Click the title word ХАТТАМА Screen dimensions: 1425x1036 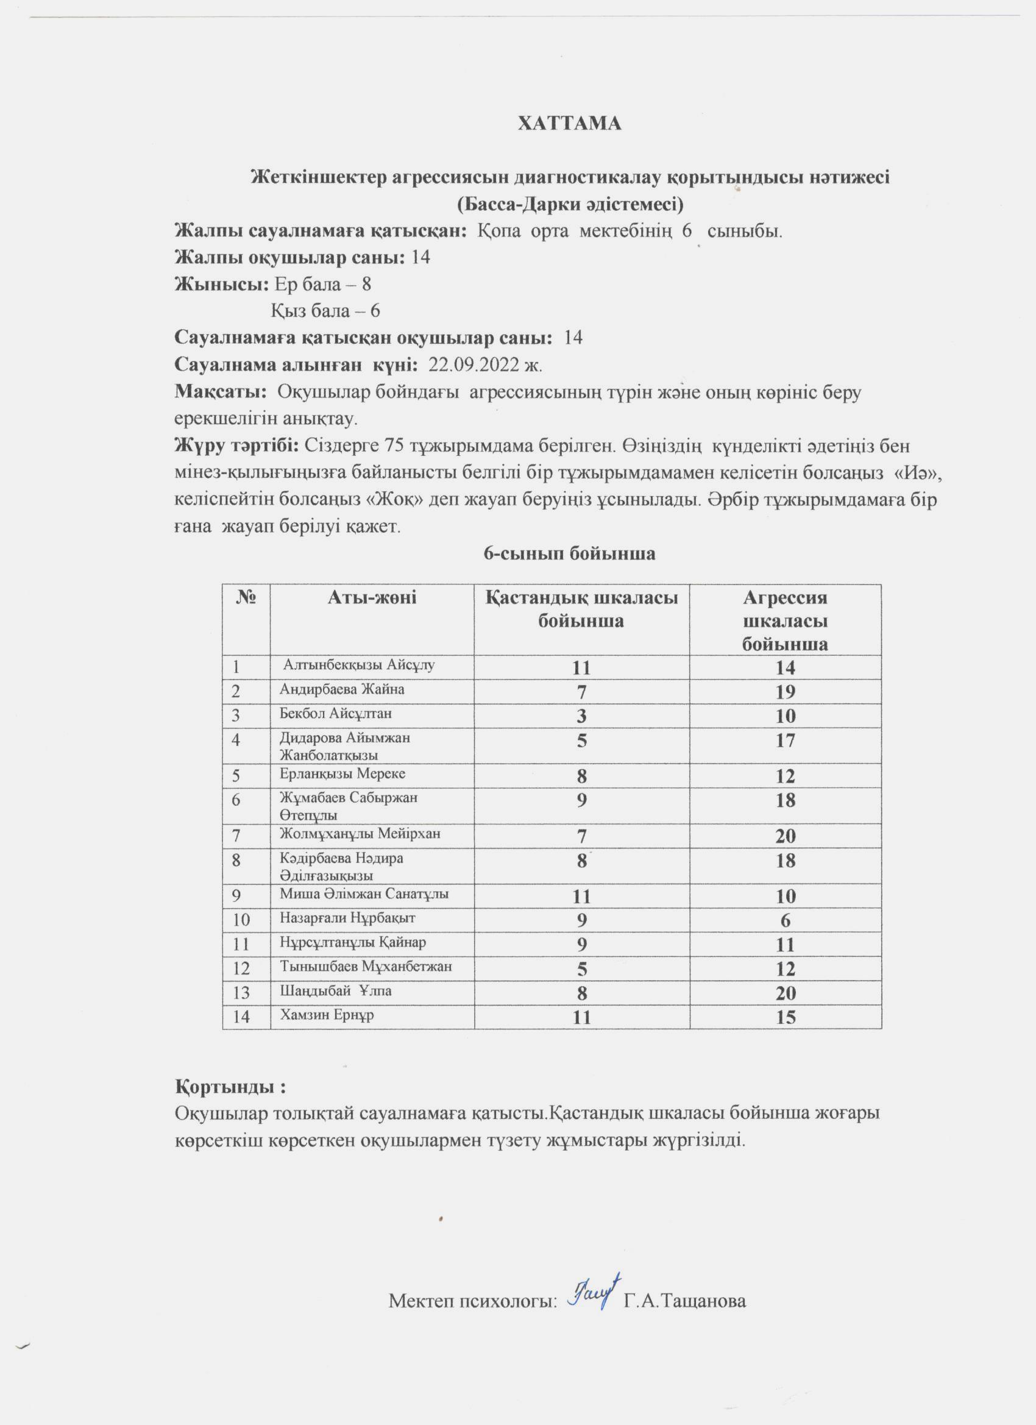569,124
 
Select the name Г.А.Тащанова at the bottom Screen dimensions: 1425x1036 684,1300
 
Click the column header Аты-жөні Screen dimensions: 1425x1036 372,597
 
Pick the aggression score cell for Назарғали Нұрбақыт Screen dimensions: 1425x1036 786,920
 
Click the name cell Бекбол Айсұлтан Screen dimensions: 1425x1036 336,714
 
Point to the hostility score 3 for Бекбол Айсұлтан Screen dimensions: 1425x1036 582,716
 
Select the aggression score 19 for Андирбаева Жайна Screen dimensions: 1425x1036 786,692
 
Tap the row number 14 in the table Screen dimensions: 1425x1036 241,1017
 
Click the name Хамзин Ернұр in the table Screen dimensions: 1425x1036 327,1015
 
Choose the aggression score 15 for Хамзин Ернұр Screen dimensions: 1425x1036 786,1017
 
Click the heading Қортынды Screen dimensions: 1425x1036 230,1086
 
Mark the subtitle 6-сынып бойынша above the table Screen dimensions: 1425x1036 569,553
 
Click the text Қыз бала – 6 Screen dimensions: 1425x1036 325,311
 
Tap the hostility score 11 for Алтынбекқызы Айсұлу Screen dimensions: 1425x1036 582,667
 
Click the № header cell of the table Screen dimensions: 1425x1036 246,597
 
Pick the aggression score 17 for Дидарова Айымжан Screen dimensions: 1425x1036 786,740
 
